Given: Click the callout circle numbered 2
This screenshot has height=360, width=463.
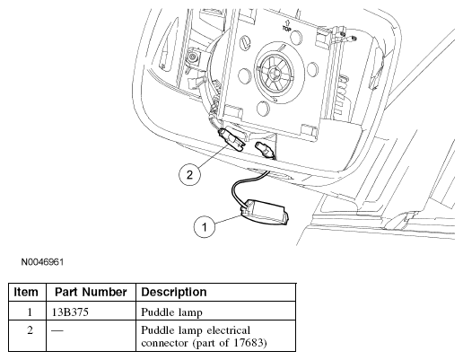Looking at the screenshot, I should tap(188, 174).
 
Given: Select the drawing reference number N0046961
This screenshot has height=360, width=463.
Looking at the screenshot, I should tap(42, 262).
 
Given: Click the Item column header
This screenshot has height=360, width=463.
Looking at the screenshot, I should tap(26, 293).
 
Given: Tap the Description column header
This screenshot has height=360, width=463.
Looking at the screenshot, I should tap(174, 293).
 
